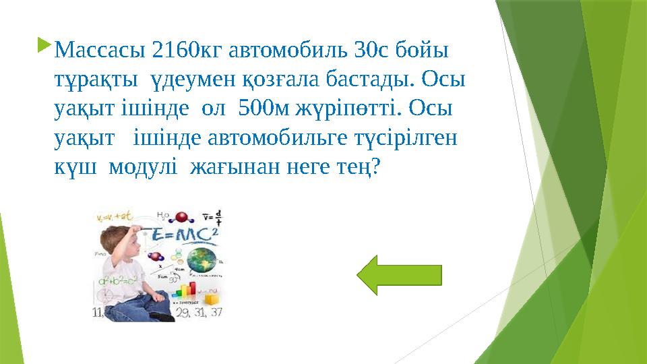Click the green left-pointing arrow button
(x=399, y=275)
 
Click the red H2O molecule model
(x=181, y=217)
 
